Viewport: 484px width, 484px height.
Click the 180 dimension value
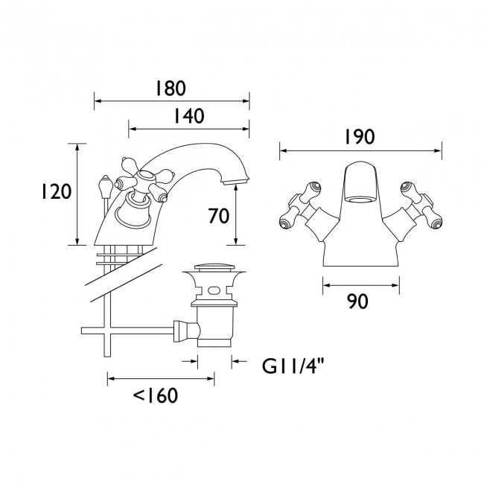point(171,89)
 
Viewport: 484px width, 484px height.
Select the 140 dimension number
point(188,117)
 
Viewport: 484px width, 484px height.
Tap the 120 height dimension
point(56,191)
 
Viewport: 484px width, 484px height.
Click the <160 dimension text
point(156,395)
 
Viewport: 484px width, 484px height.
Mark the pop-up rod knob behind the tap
point(105,182)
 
